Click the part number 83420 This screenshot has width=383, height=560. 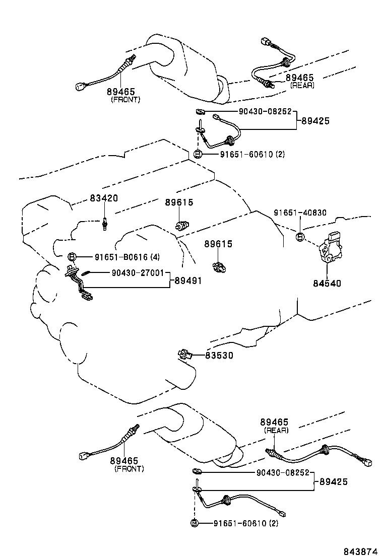tap(104, 198)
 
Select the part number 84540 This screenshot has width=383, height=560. tap(327, 283)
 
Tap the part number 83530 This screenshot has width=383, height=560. tap(219, 356)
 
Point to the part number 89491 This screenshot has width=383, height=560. tap(188, 281)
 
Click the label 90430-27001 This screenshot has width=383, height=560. tap(138, 273)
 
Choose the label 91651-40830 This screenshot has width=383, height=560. tap(300, 213)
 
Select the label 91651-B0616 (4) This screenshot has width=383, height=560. tap(127, 257)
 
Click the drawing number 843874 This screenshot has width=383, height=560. tap(360, 552)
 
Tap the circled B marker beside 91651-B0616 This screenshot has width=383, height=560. tap(72, 256)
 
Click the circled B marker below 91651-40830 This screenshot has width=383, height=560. tap(300, 236)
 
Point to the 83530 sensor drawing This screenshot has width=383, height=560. tap(185, 355)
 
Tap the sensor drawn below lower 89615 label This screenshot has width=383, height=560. tap(219, 266)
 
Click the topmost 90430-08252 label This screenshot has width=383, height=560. tap(265, 111)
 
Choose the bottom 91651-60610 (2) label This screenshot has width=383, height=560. tap(246, 523)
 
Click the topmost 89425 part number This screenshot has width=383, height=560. tap(315, 121)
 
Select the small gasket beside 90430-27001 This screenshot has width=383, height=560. tap(85, 273)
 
